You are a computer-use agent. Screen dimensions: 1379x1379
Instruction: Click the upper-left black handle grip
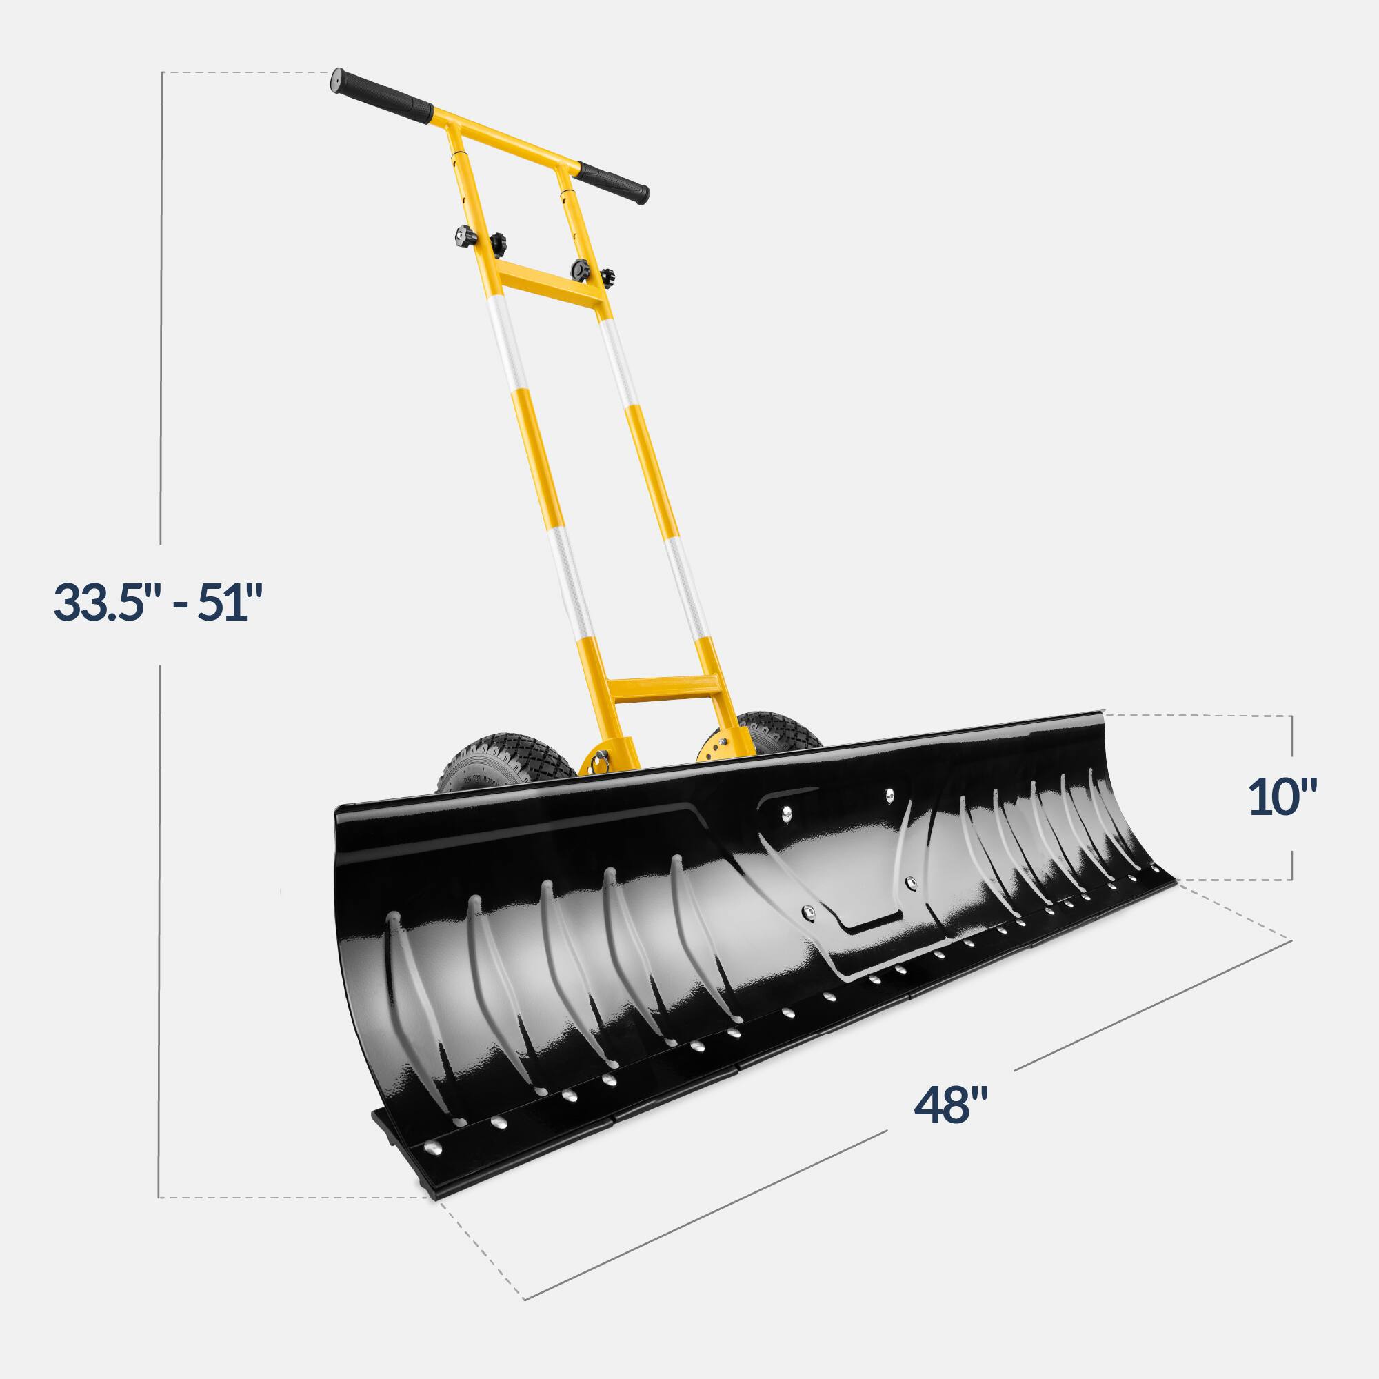(x=381, y=94)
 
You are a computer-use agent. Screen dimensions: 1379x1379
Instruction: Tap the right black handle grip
(x=612, y=183)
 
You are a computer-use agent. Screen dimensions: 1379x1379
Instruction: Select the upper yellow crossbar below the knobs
(x=548, y=284)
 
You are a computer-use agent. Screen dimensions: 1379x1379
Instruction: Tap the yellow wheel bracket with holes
(x=714, y=750)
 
